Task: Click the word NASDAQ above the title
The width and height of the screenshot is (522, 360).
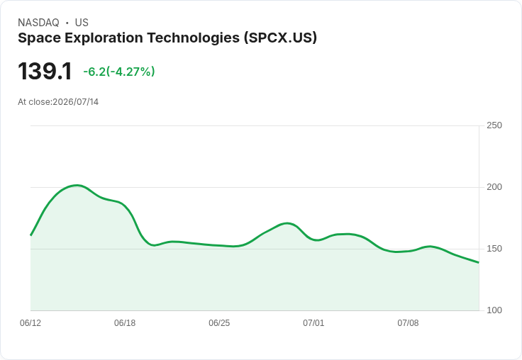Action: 38,23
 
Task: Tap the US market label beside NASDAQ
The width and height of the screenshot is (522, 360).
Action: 82,23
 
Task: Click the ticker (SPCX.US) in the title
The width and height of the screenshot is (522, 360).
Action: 280,38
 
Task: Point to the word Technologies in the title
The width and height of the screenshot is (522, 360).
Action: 194,38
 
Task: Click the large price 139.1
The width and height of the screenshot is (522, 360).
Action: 45,71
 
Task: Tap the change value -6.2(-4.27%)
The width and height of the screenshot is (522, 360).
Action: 119,72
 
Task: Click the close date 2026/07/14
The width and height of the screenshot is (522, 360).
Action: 76,102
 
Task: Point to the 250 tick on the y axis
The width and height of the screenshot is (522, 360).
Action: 494,125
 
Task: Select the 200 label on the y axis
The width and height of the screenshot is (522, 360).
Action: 494,187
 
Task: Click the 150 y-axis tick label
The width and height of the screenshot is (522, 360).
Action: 494,249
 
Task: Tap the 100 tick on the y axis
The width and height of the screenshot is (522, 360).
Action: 494,310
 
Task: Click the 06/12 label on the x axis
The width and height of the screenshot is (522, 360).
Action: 30,323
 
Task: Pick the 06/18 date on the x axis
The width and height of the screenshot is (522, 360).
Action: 125,323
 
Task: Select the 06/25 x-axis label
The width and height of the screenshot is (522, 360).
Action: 219,323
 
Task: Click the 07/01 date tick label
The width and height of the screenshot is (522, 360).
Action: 313,323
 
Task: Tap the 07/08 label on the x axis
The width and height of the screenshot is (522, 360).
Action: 408,323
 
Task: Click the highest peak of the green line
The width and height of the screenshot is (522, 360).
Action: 77,186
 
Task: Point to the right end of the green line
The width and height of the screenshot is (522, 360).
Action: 479,262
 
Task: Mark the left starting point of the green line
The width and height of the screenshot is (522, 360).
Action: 30,235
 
